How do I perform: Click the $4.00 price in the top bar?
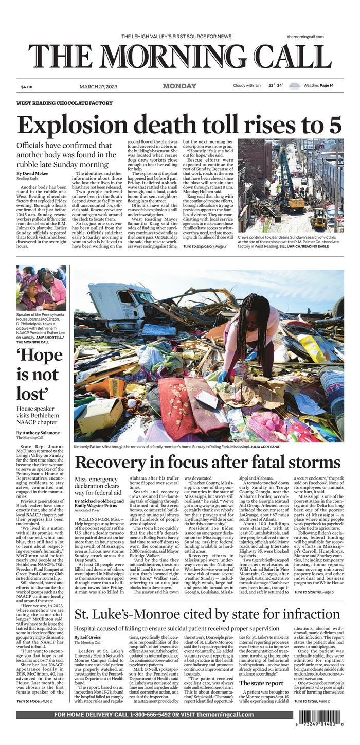pos(27,87)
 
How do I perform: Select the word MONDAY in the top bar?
pos(179,86)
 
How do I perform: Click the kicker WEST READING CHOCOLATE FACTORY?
pos(64,103)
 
